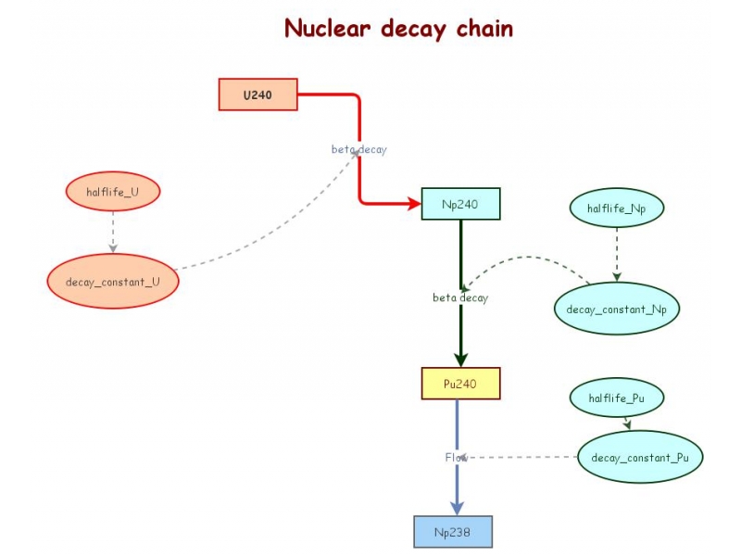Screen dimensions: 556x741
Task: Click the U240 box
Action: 257,95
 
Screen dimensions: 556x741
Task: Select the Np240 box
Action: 460,204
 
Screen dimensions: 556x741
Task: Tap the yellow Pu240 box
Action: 460,384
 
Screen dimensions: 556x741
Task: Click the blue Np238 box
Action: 453,532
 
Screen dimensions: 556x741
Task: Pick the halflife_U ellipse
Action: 113,192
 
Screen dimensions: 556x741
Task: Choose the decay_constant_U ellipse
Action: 112,281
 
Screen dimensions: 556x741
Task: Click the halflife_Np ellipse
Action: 617,208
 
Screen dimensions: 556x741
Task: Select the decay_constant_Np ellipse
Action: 617,309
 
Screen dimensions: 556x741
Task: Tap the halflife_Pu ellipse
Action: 617,398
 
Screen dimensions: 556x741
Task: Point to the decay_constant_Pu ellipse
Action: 640,457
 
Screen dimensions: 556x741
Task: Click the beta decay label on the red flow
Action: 359,149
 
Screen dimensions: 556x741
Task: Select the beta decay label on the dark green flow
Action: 460,297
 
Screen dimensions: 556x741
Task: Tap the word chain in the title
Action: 484,28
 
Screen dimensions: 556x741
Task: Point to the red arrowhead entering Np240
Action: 413,204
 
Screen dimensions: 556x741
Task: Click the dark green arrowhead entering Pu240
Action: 460,360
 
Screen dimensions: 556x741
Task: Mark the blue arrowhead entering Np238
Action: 456,507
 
